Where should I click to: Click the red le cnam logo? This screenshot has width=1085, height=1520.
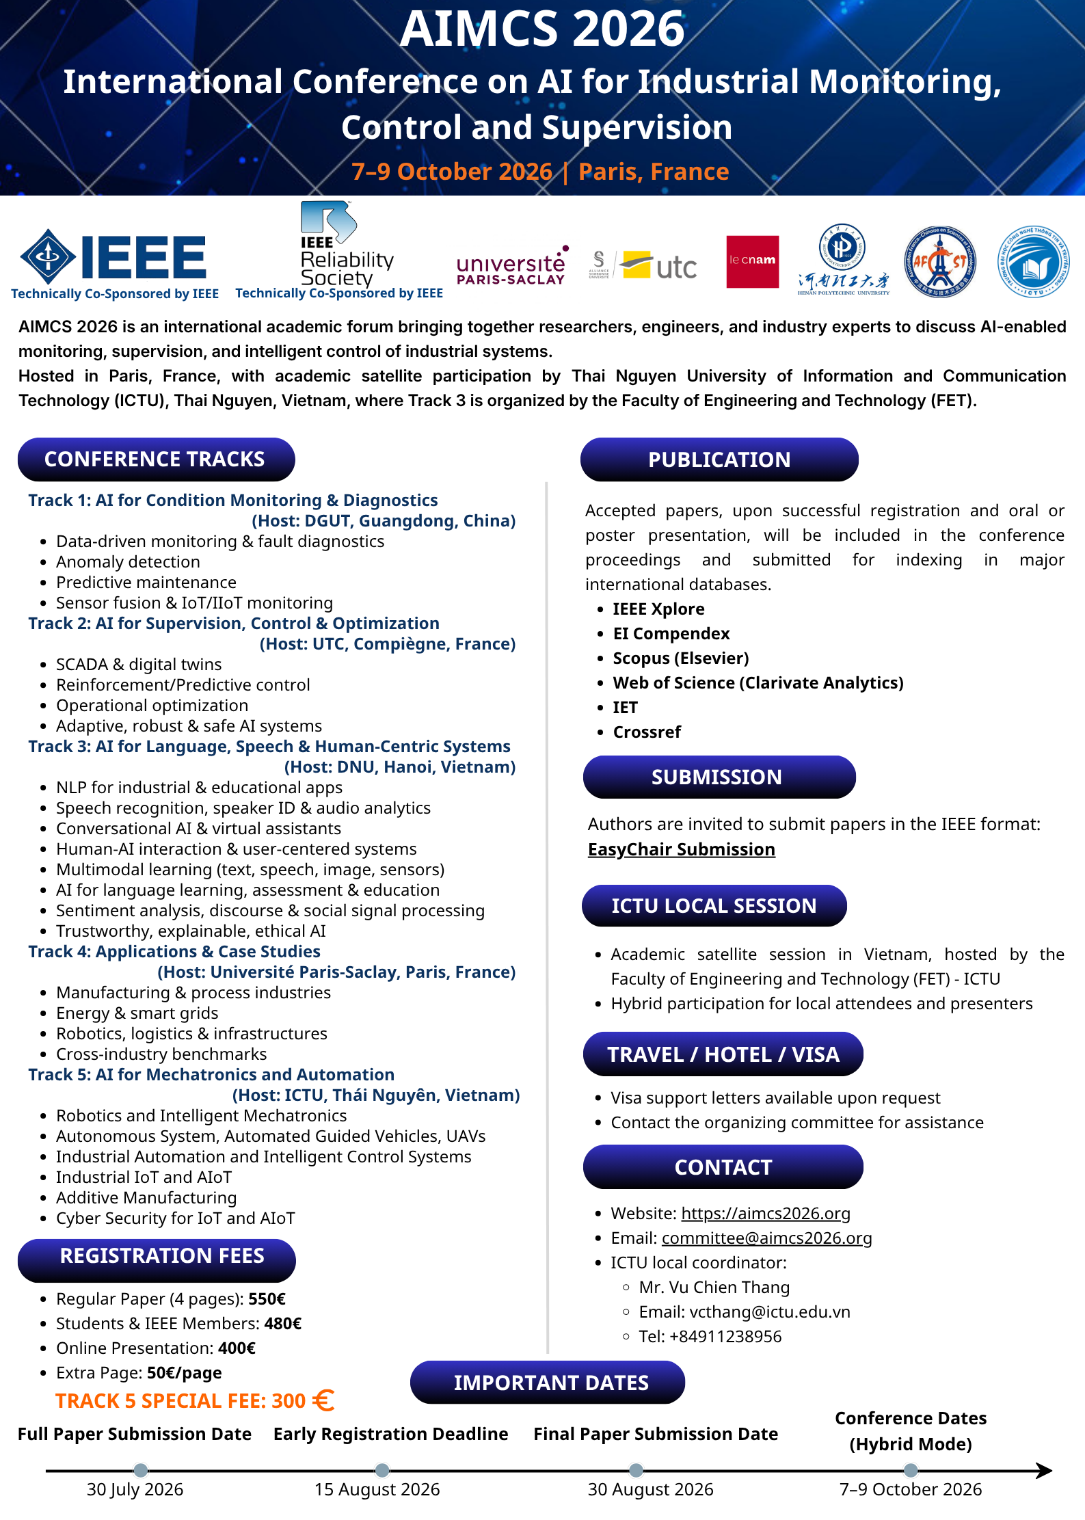click(x=752, y=262)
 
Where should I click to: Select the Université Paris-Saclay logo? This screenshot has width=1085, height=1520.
click(x=511, y=266)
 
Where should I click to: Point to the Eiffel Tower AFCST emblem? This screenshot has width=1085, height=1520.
click(x=939, y=262)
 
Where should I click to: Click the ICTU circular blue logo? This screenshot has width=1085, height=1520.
click(x=1033, y=262)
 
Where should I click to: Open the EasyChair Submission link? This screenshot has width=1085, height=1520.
click(x=681, y=849)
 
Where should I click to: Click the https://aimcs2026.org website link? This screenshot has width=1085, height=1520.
click(x=766, y=1213)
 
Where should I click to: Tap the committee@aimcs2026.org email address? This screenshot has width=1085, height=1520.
click(x=766, y=1238)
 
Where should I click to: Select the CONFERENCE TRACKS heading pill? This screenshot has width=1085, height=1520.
click(x=156, y=459)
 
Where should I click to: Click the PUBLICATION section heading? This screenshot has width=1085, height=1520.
click(x=719, y=459)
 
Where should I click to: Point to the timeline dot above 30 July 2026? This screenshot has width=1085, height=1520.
click(x=141, y=1470)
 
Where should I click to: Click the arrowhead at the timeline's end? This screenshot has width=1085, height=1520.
click(x=1044, y=1470)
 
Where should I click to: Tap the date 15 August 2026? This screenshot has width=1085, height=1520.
click(x=377, y=1489)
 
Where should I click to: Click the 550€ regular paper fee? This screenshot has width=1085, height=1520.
click(x=267, y=1298)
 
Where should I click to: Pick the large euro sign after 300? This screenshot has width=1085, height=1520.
click(x=323, y=1400)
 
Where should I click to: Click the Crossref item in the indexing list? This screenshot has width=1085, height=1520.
click(x=647, y=732)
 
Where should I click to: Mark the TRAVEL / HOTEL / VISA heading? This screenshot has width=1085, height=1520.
click(x=723, y=1054)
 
